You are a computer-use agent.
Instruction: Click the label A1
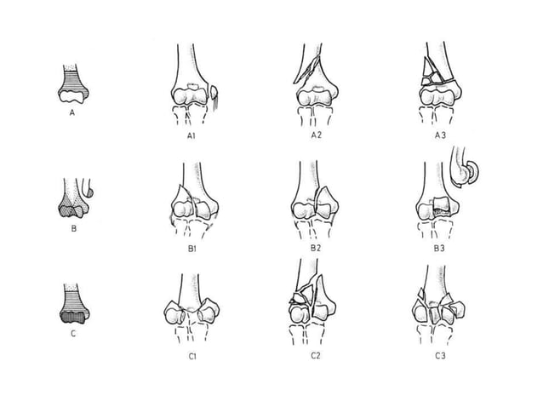pos(193,135)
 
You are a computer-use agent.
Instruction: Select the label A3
pos(438,135)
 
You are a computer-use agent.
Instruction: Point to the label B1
pos(193,248)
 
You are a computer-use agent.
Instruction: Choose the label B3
pos(438,248)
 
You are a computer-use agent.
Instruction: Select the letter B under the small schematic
pos(73,227)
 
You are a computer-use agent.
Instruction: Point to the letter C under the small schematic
pos(73,333)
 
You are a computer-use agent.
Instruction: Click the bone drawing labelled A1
pos(195,85)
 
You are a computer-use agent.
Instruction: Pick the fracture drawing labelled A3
pos(437,85)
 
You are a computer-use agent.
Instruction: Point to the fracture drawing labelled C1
pos(194,307)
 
